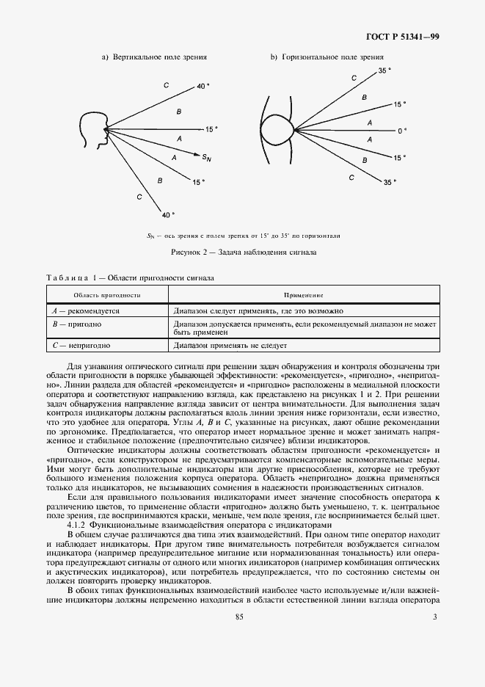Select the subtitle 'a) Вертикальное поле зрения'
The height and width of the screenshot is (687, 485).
[x=154, y=57]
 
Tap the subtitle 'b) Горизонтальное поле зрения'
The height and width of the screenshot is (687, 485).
[x=327, y=57]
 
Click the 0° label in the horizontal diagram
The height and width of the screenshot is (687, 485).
[x=401, y=131]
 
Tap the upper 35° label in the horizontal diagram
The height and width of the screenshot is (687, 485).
[x=384, y=70]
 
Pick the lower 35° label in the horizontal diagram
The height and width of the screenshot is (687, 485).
[x=388, y=182]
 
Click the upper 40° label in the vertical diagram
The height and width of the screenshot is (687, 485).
[x=203, y=87]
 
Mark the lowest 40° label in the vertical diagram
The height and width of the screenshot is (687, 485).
[x=167, y=215]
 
